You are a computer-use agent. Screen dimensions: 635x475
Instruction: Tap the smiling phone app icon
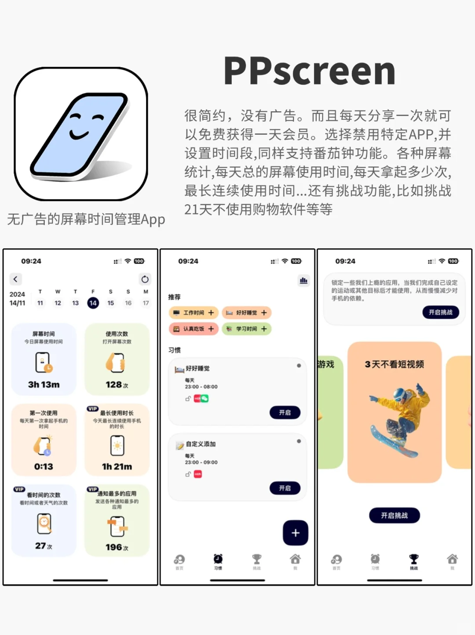pos(81,134)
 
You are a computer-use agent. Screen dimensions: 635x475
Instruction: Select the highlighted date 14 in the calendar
pos(93,303)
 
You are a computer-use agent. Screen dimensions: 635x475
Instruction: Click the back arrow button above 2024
pos(16,279)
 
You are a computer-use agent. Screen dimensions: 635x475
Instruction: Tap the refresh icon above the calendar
pos(145,279)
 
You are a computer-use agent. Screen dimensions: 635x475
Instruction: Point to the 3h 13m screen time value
pos(44,385)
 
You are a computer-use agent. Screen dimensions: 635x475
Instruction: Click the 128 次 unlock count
pos(117,385)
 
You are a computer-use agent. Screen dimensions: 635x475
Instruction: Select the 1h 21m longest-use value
pos(117,466)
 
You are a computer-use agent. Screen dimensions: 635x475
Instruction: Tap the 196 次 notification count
pos(117,547)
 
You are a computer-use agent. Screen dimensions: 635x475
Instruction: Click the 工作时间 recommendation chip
pos(194,313)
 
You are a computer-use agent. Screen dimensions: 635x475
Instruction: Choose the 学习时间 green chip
pos(246,329)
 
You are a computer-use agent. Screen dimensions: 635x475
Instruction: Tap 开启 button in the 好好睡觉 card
pos(285,412)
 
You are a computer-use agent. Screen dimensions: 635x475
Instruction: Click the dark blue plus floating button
pos(295,533)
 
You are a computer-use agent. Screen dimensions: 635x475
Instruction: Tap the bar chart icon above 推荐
pos(303,280)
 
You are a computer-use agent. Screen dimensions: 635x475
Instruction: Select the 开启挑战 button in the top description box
pos(440,312)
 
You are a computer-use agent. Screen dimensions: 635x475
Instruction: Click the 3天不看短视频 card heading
pos(394,364)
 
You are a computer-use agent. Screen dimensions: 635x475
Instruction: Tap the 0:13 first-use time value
pos(44,466)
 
